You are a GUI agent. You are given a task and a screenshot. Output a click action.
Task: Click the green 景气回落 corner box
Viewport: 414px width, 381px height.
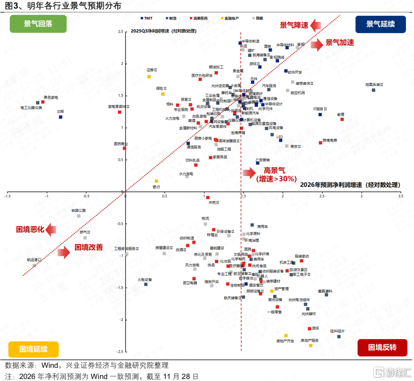click(38, 24)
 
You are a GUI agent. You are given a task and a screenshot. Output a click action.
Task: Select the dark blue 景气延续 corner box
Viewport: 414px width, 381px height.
click(380, 24)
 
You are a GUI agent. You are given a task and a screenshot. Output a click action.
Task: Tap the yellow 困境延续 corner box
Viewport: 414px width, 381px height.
click(33, 349)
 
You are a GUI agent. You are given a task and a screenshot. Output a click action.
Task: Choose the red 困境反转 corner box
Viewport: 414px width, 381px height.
click(382, 348)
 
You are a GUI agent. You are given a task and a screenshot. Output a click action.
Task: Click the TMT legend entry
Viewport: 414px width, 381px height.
click(147, 18)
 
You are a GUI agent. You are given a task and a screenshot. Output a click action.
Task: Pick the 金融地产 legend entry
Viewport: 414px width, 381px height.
click(229, 18)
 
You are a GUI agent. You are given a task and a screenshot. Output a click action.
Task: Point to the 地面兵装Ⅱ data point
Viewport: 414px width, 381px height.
click(373, 90)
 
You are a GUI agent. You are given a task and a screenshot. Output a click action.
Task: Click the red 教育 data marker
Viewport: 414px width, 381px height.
click(342, 119)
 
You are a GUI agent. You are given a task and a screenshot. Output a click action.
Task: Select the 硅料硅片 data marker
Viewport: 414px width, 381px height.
click(339, 336)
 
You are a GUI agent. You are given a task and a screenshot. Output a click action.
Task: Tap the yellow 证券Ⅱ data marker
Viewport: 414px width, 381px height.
click(149, 77)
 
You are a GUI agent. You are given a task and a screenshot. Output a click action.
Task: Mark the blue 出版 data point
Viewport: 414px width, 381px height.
click(61, 117)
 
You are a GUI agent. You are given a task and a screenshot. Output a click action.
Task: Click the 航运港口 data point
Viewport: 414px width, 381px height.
click(34, 266)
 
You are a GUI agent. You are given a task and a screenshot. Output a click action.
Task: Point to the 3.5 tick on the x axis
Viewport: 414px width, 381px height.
click(401, 196)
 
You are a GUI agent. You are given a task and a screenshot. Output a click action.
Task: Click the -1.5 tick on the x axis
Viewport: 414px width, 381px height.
click(8, 196)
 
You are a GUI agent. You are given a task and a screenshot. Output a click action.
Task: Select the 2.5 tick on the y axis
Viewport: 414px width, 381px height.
click(121, 32)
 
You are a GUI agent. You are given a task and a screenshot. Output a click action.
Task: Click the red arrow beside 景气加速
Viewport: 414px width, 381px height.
click(316, 44)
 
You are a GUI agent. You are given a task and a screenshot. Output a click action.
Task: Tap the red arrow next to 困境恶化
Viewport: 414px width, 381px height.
click(51, 230)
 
